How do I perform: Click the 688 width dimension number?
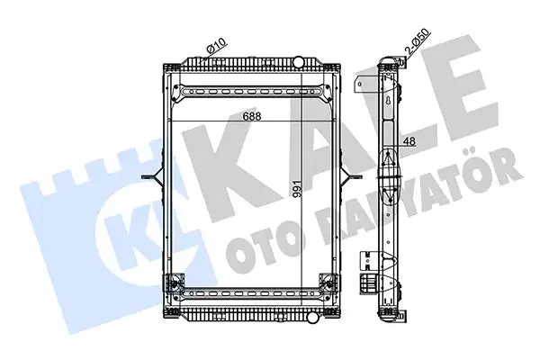point(252,116)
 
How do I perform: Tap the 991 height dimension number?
point(297,188)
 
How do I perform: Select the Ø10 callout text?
point(216,46)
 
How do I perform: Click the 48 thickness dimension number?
point(409,141)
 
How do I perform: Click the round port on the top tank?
point(299,63)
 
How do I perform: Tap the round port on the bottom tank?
point(312,316)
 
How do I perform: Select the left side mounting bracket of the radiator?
point(153,176)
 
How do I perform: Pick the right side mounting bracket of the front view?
point(351,176)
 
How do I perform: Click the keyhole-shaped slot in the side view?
point(389,102)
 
